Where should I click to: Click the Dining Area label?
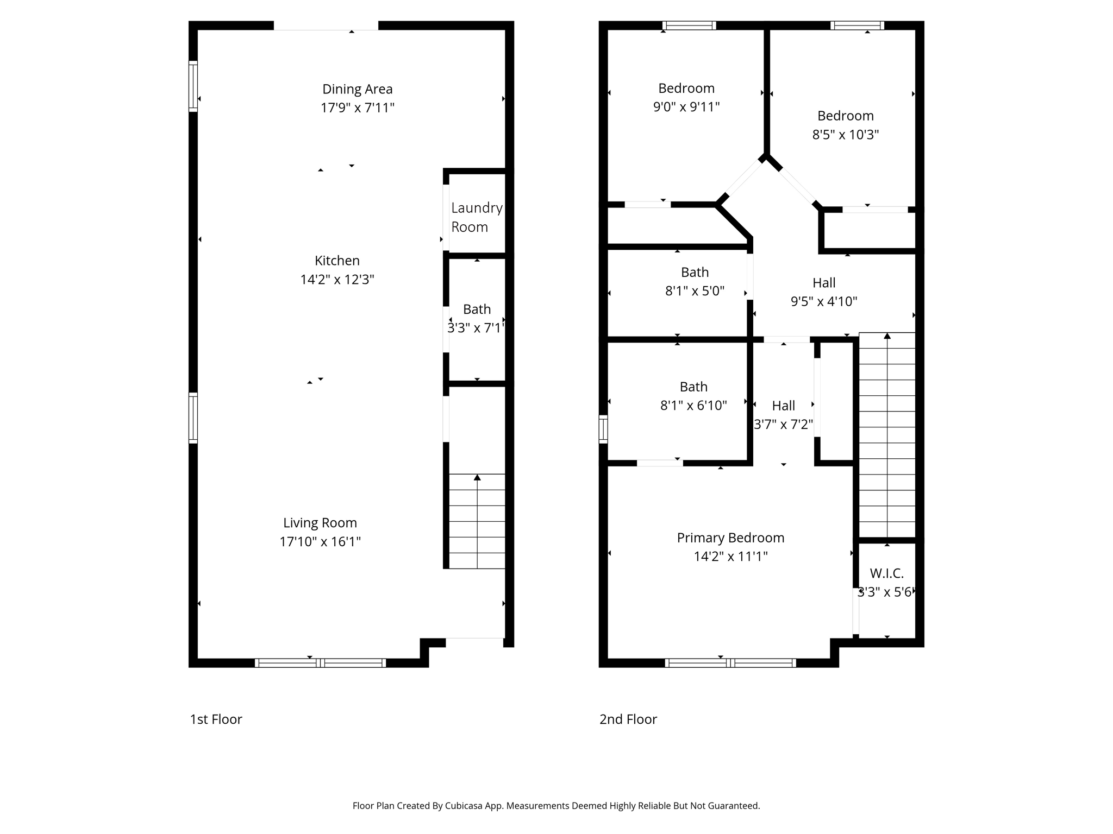click(357, 89)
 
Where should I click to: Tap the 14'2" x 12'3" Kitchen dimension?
click(337, 280)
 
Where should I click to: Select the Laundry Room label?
click(476, 217)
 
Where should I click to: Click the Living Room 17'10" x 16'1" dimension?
click(320, 542)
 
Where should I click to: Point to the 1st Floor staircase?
click(477, 521)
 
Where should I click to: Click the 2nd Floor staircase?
click(887, 434)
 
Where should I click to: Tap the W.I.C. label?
click(886, 573)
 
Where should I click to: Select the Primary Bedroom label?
click(730, 538)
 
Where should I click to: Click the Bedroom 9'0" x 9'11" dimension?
click(686, 107)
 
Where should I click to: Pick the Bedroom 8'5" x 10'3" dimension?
click(845, 135)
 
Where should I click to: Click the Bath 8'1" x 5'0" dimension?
click(695, 291)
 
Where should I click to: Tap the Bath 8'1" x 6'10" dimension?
click(693, 406)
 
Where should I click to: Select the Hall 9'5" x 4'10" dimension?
click(823, 301)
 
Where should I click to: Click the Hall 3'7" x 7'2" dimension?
click(783, 425)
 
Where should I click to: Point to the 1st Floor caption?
click(216, 719)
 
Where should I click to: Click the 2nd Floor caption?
click(628, 719)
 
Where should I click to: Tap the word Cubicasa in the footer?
click(465, 806)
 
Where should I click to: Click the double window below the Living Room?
click(320, 662)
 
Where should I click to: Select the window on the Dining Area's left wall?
click(193, 86)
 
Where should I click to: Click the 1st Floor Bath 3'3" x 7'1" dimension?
click(476, 328)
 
